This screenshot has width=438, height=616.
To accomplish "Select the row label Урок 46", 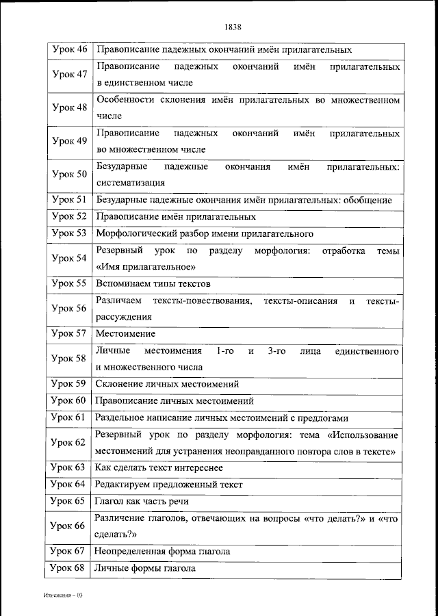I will pyautogui.click(x=69, y=49).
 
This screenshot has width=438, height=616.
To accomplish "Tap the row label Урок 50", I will pyautogui.click(x=69, y=175).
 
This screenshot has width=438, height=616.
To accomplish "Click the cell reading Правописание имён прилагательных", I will pyautogui.click(x=176, y=216).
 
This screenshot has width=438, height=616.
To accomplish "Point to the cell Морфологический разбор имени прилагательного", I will pyautogui.click(x=205, y=233).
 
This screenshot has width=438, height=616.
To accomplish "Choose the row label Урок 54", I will pyautogui.click(x=69, y=258).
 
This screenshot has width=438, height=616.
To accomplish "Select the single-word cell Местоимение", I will pyautogui.click(x=125, y=333).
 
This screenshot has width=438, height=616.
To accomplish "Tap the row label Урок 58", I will pyautogui.click(x=69, y=358).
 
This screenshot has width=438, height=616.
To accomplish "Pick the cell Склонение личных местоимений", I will pyautogui.click(x=167, y=384).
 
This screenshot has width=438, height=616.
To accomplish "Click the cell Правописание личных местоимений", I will pyautogui.click(x=175, y=400).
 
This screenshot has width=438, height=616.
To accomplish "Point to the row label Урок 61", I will pyautogui.click(x=69, y=417).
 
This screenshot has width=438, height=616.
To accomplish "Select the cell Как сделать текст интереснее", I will pyautogui.click(x=159, y=467).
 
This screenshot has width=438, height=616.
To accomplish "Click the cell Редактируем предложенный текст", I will pyautogui.click(x=169, y=485).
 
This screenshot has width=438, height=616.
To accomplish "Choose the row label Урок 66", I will pyautogui.click(x=69, y=526).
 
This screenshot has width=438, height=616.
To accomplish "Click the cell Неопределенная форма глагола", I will pyautogui.click(x=163, y=551).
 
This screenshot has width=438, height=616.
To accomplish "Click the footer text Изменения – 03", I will pyautogui.click(x=60, y=596).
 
